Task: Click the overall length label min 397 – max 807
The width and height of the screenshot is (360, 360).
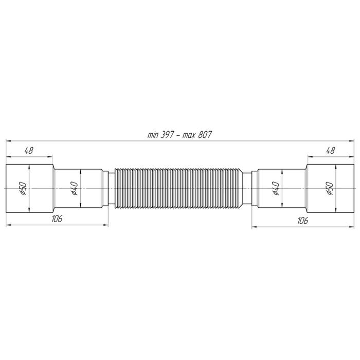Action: (179, 135)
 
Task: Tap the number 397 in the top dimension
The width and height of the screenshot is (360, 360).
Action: (167, 135)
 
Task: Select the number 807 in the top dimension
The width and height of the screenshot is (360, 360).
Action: (205, 135)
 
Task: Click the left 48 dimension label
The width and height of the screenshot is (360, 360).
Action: (29, 150)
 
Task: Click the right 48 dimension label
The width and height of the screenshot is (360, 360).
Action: (330, 150)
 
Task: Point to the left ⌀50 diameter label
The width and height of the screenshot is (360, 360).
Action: (24, 189)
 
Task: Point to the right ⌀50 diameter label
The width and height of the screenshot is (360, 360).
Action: (329, 189)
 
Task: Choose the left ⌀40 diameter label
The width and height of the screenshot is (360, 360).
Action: (75, 189)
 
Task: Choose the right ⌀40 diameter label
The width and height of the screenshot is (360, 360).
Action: (276, 189)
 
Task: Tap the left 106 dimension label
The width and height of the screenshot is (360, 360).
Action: (57, 219)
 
